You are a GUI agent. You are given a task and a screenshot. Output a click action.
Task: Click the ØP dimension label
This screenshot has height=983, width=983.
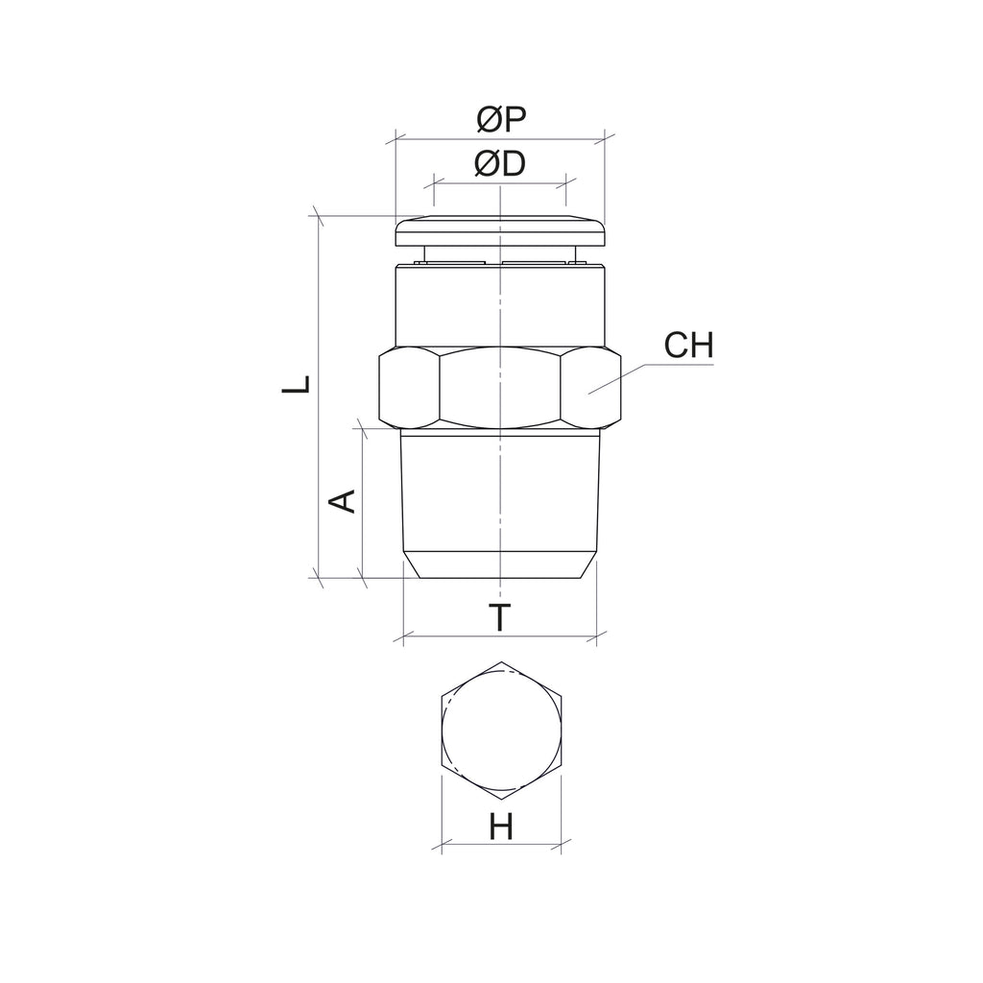tap(501, 119)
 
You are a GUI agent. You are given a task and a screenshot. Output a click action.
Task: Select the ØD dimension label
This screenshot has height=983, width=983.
tap(499, 164)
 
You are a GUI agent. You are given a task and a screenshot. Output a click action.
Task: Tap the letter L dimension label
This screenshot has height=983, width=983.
tap(297, 384)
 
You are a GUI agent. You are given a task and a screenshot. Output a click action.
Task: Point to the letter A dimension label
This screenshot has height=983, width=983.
tap(343, 501)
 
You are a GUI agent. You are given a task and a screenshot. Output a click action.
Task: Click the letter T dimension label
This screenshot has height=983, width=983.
tap(499, 617)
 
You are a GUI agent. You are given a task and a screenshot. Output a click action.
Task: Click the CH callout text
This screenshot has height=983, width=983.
tap(688, 345)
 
